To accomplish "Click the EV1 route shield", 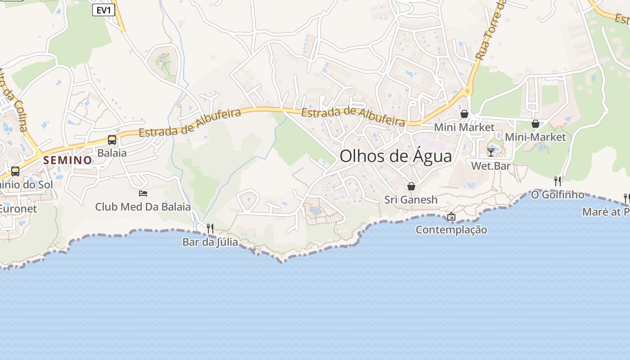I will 103,10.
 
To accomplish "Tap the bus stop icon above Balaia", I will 112,140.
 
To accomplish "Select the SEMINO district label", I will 68,160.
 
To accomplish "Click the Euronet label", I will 18,209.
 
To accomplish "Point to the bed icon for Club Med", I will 143,193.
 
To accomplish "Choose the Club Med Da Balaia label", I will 143,207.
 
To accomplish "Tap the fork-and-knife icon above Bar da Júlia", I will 210,228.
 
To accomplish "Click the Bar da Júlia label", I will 210,242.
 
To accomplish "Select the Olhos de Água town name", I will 396,156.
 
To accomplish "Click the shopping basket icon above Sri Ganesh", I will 411,186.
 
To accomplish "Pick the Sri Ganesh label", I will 411,200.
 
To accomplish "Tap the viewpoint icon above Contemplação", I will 451,216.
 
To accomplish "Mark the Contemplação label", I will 451,230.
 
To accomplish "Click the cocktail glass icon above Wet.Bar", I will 491,152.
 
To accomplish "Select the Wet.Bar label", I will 491,166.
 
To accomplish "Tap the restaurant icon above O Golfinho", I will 558,181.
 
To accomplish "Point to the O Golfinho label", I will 558,195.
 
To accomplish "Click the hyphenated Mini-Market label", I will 535,137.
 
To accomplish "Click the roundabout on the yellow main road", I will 468,92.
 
